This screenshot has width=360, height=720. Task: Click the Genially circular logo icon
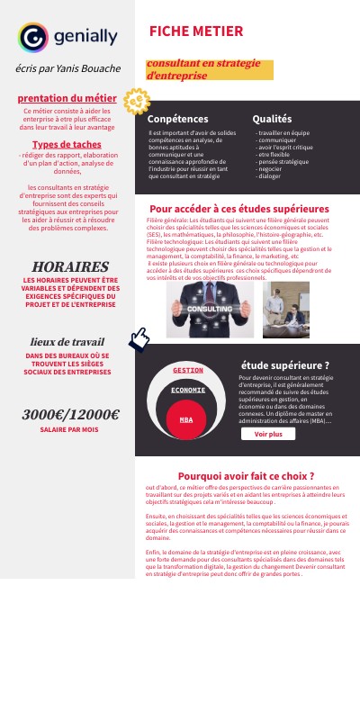point(32,37)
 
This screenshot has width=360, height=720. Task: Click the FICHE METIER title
point(196,31)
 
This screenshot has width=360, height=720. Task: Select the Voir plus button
point(268,434)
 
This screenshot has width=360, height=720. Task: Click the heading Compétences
point(177,119)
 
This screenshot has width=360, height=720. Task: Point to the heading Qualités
point(272,119)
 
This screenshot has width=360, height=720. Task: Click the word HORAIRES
point(70,267)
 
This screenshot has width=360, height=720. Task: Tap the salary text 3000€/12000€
point(70,414)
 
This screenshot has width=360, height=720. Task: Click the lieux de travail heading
point(67,342)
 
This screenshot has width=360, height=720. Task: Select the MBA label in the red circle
point(186,420)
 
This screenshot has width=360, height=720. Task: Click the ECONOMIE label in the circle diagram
point(188,390)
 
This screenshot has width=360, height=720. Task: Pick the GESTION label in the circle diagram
point(188,370)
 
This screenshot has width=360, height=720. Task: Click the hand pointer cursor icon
point(139,339)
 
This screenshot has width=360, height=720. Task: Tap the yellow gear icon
point(135,102)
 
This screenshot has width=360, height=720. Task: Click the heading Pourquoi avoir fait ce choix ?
point(246,475)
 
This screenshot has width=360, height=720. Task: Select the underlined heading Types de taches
point(67,144)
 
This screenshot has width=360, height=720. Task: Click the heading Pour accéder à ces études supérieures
point(238,209)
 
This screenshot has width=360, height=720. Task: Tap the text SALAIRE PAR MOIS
point(69,430)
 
